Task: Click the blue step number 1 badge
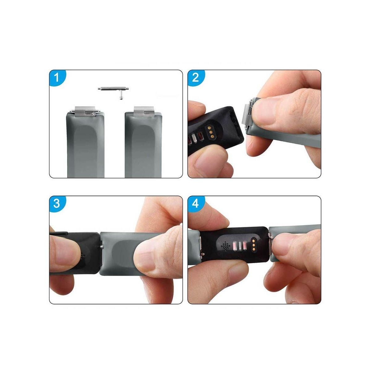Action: [56, 77]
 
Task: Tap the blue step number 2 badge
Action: [195, 77]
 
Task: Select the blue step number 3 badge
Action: [57, 203]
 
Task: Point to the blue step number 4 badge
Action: [195, 203]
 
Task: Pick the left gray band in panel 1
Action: [86, 145]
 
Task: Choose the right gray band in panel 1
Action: [143, 145]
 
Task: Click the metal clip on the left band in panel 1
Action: [84, 111]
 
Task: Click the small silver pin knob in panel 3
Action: [102, 246]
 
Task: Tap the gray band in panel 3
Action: [124, 254]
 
